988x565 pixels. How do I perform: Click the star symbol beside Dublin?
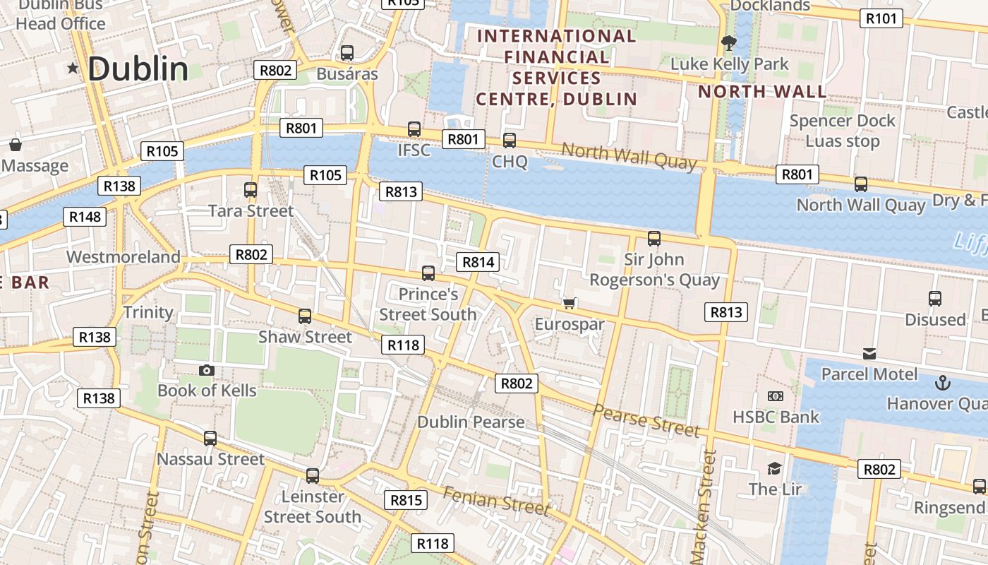pyautogui.click(x=73, y=69)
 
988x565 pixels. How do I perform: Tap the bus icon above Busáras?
pyautogui.click(x=347, y=53)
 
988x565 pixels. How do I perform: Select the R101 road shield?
pyautogui.click(x=881, y=18)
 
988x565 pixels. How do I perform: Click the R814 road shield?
pyautogui.click(x=478, y=262)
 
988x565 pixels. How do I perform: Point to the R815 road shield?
pyautogui.click(x=406, y=500)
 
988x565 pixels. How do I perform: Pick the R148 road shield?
pyautogui.click(x=85, y=217)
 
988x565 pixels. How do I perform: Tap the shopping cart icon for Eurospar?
pyautogui.click(x=570, y=304)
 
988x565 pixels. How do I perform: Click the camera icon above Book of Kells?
pyautogui.click(x=206, y=370)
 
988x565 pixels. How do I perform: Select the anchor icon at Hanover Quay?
pyautogui.click(x=941, y=383)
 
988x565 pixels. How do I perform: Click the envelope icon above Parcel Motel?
pyautogui.click(x=869, y=353)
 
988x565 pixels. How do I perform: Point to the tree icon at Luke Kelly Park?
pyautogui.click(x=729, y=43)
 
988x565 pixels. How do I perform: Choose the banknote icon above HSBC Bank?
pyautogui.click(x=776, y=396)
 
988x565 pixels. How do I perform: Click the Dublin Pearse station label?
pyautogui.click(x=471, y=422)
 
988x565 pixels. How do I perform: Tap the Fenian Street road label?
pyautogui.click(x=495, y=501)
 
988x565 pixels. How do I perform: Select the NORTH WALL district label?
pyautogui.click(x=762, y=92)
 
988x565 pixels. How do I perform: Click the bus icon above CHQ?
pyautogui.click(x=510, y=141)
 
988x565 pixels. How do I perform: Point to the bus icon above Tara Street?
pyautogui.click(x=251, y=190)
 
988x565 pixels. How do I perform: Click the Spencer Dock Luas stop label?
pyautogui.click(x=843, y=131)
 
